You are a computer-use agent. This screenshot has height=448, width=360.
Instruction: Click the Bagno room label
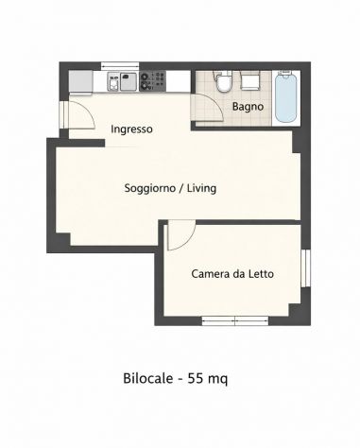click(248, 107)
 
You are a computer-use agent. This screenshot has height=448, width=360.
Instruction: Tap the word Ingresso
click(131, 129)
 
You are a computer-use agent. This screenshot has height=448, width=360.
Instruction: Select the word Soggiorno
click(149, 188)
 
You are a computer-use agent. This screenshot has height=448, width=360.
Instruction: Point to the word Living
click(201, 188)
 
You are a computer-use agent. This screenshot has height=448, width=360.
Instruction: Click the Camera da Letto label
click(232, 274)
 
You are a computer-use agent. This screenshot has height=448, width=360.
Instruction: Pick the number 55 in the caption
click(195, 378)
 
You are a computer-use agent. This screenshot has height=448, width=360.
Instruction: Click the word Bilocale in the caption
click(148, 378)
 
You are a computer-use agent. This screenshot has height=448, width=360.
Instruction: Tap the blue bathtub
click(286, 97)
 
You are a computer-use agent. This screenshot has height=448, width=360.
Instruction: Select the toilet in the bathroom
click(223, 81)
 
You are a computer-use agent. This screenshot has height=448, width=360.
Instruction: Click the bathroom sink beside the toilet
click(250, 81)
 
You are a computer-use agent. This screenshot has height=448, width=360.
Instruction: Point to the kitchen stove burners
click(153, 80)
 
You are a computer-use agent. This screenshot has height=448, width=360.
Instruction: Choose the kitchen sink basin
click(129, 81)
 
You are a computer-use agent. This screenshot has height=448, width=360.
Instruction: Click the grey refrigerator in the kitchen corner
click(81, 82)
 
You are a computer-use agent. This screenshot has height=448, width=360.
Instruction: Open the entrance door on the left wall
click(81, 115)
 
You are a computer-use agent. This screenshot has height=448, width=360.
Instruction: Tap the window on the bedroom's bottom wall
click(235, 321)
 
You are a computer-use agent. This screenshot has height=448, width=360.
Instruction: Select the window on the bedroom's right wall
click(305, 268)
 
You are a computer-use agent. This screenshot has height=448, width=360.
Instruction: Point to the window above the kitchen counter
click(120, 66)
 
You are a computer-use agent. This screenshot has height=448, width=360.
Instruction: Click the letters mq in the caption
click(218, 379)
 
